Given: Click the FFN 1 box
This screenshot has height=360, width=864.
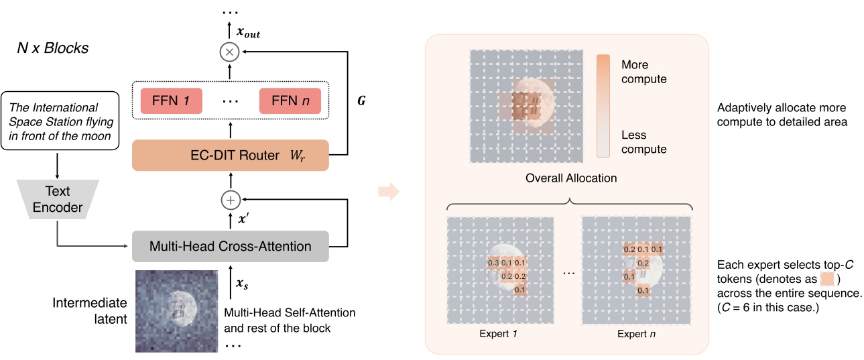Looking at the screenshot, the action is (x=171, y=101).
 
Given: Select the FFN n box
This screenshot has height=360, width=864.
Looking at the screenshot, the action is (x=290, y=101).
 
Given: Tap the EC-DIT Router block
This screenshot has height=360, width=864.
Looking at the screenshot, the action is (x=231, y=155).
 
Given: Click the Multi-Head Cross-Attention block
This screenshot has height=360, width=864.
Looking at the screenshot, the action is (x=231, y=246).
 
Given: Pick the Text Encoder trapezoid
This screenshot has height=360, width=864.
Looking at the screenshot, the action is (x=58, y=199).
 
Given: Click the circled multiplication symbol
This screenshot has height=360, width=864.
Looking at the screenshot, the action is (x=229, y=52).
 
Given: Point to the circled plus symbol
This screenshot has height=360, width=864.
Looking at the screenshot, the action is (x=231, y=200).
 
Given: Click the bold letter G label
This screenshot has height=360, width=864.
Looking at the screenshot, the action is (x=361, y=101).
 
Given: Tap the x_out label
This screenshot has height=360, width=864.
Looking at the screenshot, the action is (x=249, y=32).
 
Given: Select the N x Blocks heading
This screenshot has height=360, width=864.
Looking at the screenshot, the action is (x=53, y=48).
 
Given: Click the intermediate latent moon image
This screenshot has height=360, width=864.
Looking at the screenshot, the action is (x=176, y=311).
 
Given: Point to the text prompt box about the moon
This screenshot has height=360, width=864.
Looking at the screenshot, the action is (x=60, y=121).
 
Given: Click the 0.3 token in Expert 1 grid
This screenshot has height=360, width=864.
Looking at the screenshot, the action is (x=493, y=263).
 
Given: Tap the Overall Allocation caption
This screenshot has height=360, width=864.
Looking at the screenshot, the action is (x=571, y=178).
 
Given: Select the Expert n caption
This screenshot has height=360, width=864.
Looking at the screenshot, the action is (x=636, y=334).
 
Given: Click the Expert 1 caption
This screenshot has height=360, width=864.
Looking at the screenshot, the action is (x=498, y=334).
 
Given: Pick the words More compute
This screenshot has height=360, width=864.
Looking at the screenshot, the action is (x=643, y=72).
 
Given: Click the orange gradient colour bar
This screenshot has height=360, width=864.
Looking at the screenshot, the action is (x=603, y=106).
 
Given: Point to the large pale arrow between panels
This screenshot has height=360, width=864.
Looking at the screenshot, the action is (x=388, y=191).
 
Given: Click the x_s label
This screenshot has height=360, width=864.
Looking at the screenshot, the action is (x=242, y=284).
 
